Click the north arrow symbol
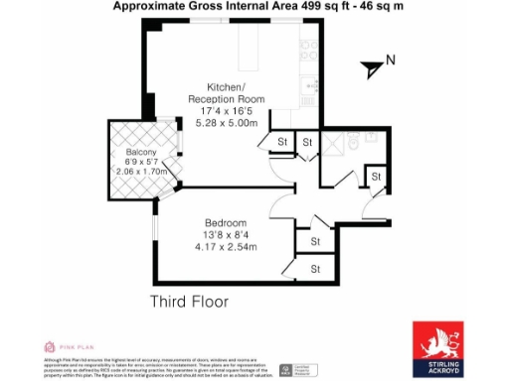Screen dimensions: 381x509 [x=372, y=67]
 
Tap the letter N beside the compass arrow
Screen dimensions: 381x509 [x=391, y=61]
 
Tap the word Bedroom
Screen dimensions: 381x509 [x=226, y=223]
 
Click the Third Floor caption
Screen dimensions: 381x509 [x=189, y=302]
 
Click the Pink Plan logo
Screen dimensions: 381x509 [x=62, y=346]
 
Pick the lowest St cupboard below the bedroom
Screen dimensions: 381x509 [x=316, y=268]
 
